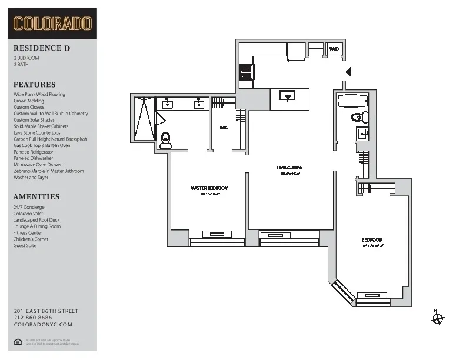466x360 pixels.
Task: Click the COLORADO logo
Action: (52, 24)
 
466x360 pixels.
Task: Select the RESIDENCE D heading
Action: (42, 48)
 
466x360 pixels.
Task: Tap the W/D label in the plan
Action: (334, 49)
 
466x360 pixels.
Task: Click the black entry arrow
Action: (348, 72)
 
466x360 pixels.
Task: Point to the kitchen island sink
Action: (288, 96)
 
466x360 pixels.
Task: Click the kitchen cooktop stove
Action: (245, 72)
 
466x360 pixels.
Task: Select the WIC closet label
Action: (224, 127)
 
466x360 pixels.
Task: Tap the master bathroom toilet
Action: (165, 139)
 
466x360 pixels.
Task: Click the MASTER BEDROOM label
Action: (209, 188)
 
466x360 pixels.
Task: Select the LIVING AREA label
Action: (289, 168)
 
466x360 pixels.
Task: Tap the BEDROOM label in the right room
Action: (372, 240)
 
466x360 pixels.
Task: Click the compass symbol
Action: (437, 318)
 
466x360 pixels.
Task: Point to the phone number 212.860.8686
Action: (36, 318)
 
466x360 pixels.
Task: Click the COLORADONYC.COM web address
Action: (43, 324)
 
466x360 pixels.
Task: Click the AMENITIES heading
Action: (36, 197)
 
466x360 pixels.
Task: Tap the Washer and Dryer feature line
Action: (31, 178)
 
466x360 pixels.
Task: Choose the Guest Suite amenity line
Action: (25, 245)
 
